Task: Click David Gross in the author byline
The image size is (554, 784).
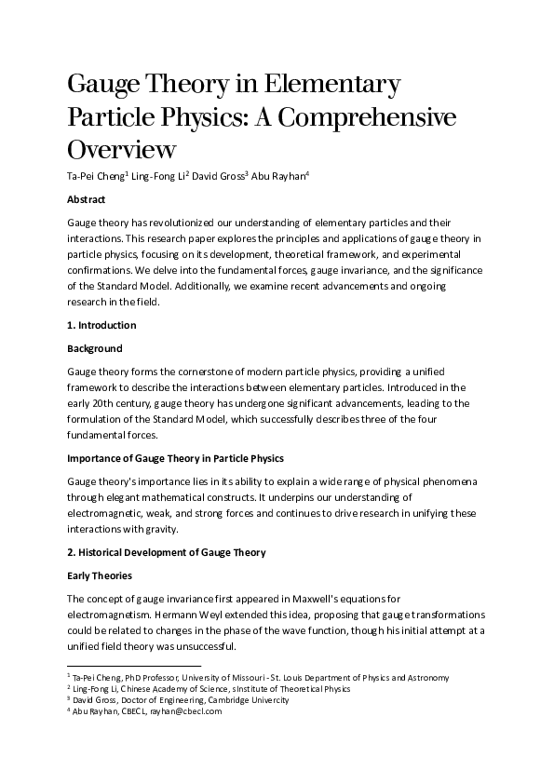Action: pos(219,177)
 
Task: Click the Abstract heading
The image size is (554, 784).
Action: pos(87,199)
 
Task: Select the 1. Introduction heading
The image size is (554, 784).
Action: pos(101,325)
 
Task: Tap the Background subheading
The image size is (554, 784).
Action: pos(94,348)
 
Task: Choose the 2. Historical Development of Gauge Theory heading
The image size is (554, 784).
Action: pos(167,552)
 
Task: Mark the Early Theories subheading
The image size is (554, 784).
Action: pos(100,575)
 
